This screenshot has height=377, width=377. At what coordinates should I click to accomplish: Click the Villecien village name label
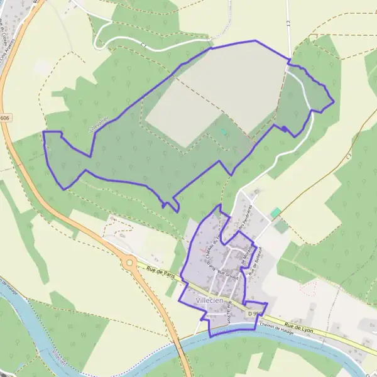click(210, 301)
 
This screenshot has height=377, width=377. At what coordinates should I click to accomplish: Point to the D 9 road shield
click(254, 312)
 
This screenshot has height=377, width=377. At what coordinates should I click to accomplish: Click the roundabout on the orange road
click(129, 261)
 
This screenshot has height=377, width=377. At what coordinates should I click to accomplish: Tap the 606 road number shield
click(5, 117)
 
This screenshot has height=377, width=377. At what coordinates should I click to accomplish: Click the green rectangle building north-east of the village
click(275, 212)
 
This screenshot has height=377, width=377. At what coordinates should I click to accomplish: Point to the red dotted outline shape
click(308, 288)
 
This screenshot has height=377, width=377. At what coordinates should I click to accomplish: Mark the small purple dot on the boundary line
click(284, 129)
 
